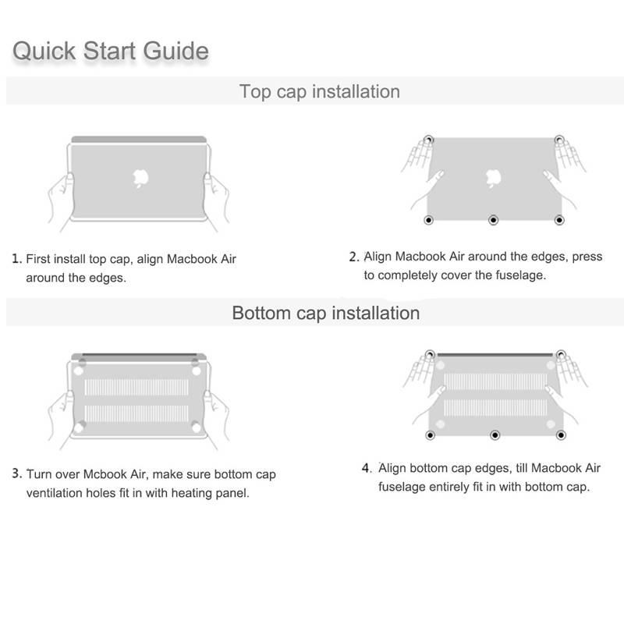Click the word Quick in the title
click(44, 51)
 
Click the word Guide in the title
click(176, 51)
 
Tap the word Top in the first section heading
click(255, 92)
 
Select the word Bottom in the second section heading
click(261, 313)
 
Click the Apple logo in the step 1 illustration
click(140, 178)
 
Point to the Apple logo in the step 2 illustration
click(494, 178)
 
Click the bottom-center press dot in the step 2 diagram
click(494, 220)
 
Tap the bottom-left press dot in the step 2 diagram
click(428, 220)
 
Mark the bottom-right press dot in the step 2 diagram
click(559, 220)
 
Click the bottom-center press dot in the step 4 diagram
click(495, 435)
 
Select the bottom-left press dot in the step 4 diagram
click(431, 435)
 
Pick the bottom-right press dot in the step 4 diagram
click(561, 435)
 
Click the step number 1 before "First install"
click(16, 259)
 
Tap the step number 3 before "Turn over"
click(16, 473)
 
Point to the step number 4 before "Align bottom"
click(367, 467)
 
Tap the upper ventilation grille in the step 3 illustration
click(136, 387)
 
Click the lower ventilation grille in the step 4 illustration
click(495, 408)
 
